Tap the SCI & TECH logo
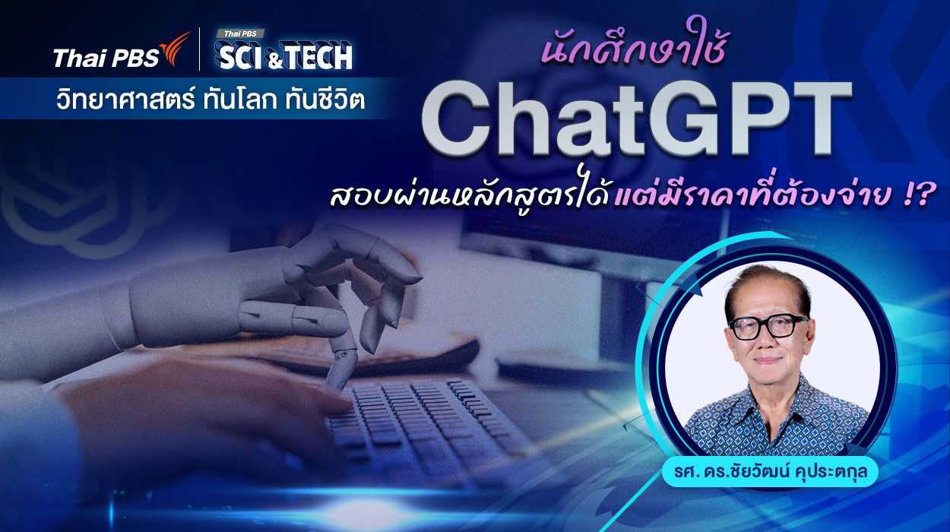[x=284, y=55]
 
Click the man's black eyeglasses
[x=768, y=327]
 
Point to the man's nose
[x=768, y=342]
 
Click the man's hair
[x=764, y=285]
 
